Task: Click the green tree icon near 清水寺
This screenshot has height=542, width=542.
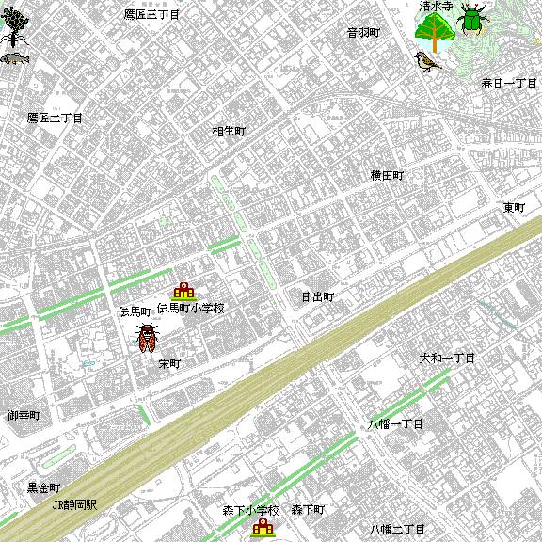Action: coord(434,34)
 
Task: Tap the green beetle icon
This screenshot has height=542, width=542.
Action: coord(472,17)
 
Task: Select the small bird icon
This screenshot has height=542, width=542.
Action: coord(428,62)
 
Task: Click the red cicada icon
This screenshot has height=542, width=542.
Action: coord(147,338)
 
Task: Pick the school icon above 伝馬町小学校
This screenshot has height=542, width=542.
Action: coord(183,291)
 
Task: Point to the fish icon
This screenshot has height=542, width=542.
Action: coord(12,58)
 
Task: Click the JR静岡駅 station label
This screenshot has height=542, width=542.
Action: coord(74,504)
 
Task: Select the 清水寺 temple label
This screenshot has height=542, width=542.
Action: coord(436,6)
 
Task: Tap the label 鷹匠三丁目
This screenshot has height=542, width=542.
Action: coord(151,15)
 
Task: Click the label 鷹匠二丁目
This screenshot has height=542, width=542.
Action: coord(55,119)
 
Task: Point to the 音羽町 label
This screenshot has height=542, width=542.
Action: coord(363,32)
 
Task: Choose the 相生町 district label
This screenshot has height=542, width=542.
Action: coord(229,132)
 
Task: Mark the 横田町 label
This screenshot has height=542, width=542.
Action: coord(387,175)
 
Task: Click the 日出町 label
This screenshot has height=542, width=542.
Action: coord(317,296)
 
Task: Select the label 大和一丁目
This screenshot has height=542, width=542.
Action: coord(447,359)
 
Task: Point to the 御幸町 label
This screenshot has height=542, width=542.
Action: coord(24,415)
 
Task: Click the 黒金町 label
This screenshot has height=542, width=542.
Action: coord(43,488)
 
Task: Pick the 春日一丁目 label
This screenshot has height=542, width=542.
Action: coord(509,84)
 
